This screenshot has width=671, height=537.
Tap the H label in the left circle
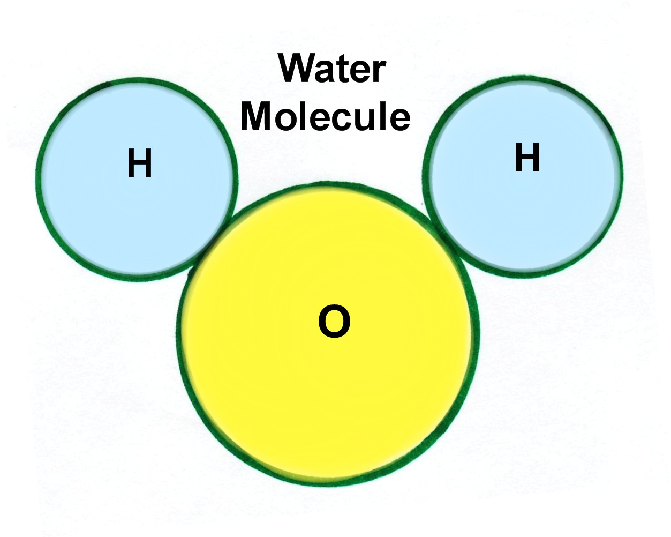(x=140, y=163)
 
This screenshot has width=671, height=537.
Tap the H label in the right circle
(x=527, y=157)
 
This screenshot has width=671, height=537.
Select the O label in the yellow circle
(x=334, y=322)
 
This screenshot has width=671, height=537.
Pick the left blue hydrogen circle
(x=137, y=180)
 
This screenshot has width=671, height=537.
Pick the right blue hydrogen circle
(x=523, y=177)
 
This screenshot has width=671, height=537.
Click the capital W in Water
(x=298, y=68)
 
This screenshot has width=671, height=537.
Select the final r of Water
(x=380, y=71)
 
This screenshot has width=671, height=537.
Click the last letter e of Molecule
(x=399, y=119)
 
